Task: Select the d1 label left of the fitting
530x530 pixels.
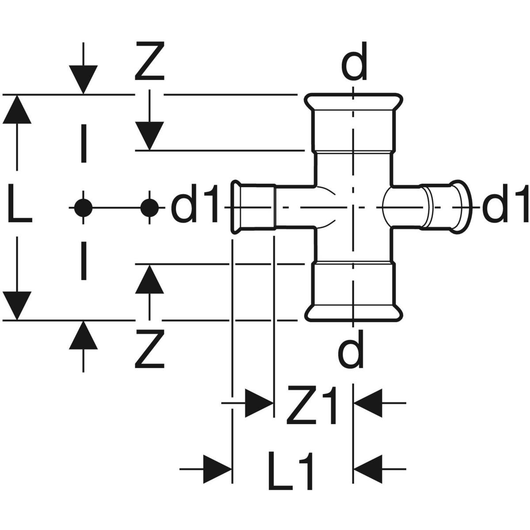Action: (x=194, y=207)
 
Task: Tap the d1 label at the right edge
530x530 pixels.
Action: (x=505, y=207)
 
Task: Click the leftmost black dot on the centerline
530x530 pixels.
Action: (x=83, y=207)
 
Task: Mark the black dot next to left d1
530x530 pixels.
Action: (x=150, y=207)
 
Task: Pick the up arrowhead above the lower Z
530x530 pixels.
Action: (x=150, y=279)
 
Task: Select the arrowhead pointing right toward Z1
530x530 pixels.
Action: (x=258, y=403)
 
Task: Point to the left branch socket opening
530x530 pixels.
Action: (x=238, y=207)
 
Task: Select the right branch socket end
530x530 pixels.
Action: (x=459, y=206)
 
